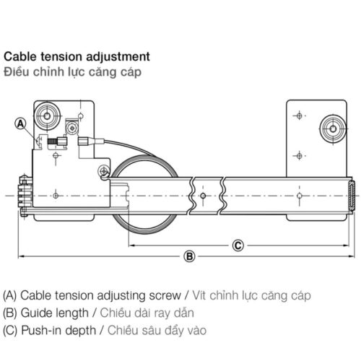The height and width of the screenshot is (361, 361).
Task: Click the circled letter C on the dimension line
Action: tap(238, 225)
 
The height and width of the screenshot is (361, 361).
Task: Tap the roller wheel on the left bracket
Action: tap(51, 114)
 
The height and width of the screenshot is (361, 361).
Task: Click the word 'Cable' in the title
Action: tap(19, 56)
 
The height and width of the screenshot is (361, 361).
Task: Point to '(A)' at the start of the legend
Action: tap(11, 295)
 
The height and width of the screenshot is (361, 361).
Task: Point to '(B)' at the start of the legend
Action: tap(11, 313)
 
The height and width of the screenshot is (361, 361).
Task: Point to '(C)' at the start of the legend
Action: tap(11, 331)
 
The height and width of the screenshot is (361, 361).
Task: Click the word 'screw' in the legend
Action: tap(163, 295)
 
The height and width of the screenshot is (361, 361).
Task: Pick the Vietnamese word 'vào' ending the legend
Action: tap(196, 331)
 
